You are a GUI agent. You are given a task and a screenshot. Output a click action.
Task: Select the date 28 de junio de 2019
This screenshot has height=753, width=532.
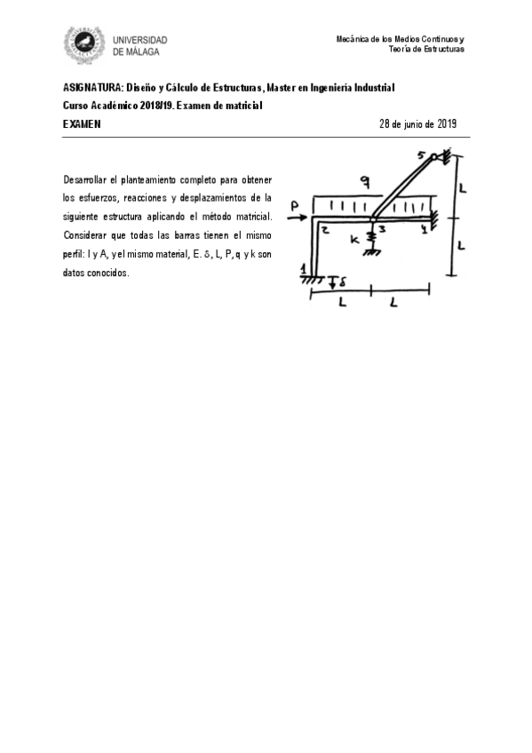tap(417, 124)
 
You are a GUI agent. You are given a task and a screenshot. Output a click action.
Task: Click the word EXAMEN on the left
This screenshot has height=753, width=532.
tap(82, 124)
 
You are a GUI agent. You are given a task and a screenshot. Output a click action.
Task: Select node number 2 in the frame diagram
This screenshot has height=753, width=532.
tap(326, 229)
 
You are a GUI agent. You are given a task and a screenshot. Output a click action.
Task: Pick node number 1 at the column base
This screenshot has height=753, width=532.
tap(304, 269)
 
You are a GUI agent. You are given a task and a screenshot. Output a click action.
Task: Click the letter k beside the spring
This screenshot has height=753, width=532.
tap(354, 240)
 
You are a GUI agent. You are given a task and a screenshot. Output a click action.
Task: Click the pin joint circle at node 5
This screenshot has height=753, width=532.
tap(434, 158)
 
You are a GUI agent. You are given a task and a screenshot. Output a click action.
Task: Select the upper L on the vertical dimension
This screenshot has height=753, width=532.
tap(464, 187)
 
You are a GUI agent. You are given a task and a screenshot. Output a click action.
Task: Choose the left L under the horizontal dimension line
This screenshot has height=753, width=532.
tap(343, 304)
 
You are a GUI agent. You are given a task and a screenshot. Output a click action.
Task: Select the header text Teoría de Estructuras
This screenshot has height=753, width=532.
tap(426, 49)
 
